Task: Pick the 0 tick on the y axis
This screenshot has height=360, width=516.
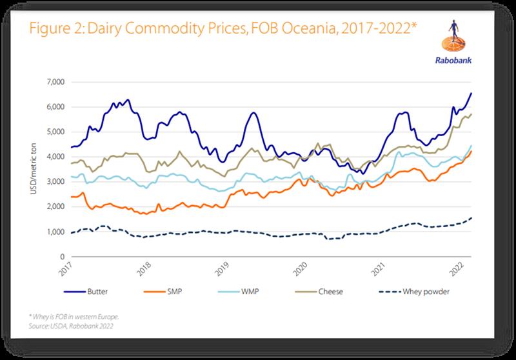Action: pos(62,257)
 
